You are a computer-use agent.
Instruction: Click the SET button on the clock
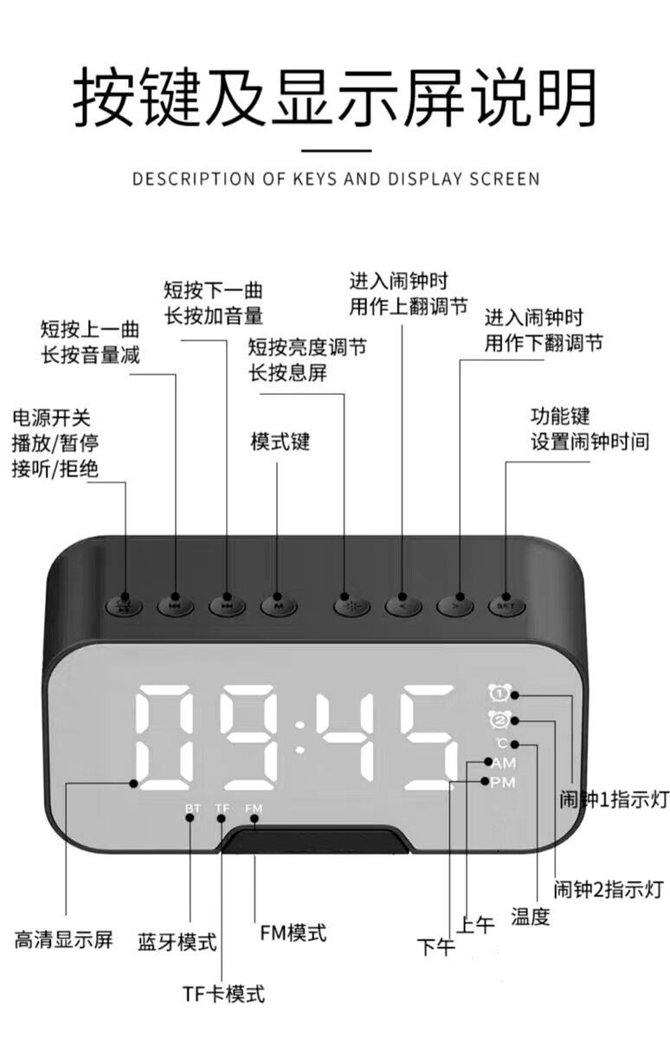point(506,605)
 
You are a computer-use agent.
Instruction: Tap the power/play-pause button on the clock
point(124,604)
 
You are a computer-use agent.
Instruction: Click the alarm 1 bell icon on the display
point(499,692)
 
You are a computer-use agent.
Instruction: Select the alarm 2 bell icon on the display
point(499,719)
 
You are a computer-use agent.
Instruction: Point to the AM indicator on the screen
point(503,763)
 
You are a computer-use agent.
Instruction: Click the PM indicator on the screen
point(503,783)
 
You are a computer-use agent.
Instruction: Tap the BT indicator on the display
point(192,808)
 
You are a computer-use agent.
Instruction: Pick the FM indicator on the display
point(253,808)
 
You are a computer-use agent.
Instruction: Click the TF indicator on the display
point(222,808)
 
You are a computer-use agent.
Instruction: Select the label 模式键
point(280,442)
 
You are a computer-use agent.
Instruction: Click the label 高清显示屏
point(63,939)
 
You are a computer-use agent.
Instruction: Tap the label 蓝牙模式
point(177,941)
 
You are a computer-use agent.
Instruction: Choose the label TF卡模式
point(223,993)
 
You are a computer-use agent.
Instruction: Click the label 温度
point(530,915)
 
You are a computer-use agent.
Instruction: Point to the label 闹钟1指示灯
point(614,799)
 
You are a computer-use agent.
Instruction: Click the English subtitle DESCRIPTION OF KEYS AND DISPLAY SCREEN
point(336,179)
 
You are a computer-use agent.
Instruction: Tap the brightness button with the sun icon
point(351,604)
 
